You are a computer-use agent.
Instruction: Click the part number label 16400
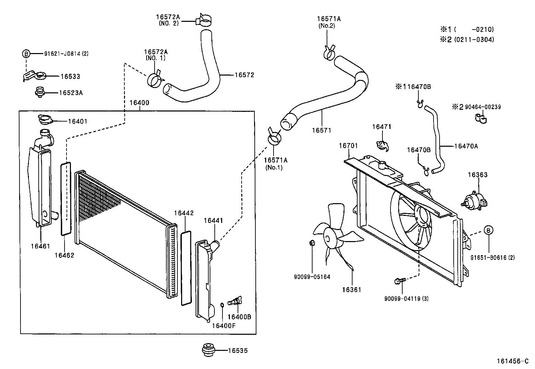(139, 103)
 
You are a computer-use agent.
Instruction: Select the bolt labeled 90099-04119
(400, 280)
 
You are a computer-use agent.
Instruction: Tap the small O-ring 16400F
(222, 305)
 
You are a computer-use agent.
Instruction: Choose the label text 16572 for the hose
(244, 75)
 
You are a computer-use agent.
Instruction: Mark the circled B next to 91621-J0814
(26, 53)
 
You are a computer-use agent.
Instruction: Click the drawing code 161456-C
(512, 361)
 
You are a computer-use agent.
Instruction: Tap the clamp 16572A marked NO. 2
(204, 20)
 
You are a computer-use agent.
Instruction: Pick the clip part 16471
(382, 145)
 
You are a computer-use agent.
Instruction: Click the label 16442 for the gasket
(183, 213)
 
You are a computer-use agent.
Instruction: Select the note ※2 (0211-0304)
(467, 40)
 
